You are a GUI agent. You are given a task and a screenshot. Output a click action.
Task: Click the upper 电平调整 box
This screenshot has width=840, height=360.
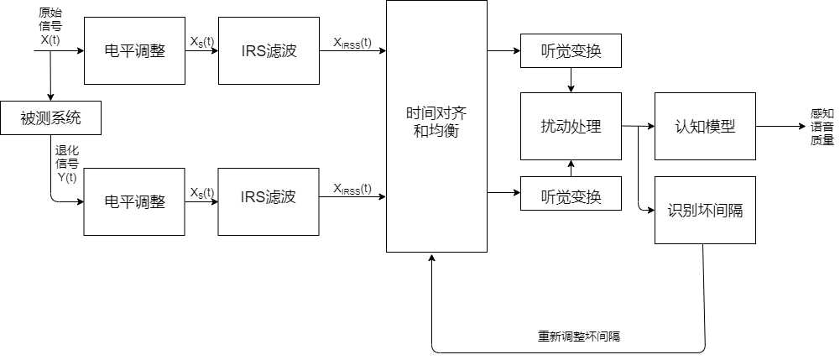tap(134, 50)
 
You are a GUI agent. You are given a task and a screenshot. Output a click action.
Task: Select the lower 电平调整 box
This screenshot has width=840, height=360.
tap(133, 202)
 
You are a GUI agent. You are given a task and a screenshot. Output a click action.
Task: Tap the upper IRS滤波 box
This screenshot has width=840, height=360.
tap(269, 50)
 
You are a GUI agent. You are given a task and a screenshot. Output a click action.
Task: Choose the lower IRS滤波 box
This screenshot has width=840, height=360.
tap(268, 198)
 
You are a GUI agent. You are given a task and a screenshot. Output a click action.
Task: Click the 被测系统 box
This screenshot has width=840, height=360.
tap(50, 118)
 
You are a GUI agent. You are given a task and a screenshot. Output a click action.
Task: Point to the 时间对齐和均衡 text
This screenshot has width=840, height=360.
tap(436, 125)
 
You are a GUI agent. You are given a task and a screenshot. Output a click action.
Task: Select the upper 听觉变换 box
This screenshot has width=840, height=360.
tap(571, 51)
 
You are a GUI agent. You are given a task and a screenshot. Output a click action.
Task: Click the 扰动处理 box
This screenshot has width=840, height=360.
tap(571, 126)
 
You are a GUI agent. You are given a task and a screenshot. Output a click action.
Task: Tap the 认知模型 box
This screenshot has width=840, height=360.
tap(705, 126)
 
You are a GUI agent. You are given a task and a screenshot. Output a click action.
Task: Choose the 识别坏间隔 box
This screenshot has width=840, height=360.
tap(705, 211)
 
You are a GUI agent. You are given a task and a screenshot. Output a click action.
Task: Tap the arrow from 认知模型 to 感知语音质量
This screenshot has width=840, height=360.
tap(780, 126)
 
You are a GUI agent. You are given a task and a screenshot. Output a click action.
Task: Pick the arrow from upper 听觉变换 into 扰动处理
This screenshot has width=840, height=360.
tap(571, 81)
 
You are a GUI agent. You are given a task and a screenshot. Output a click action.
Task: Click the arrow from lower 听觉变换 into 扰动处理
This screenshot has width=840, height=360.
tap(571, 168)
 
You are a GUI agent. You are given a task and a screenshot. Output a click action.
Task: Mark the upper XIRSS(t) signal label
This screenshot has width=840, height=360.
tap(352, 42)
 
